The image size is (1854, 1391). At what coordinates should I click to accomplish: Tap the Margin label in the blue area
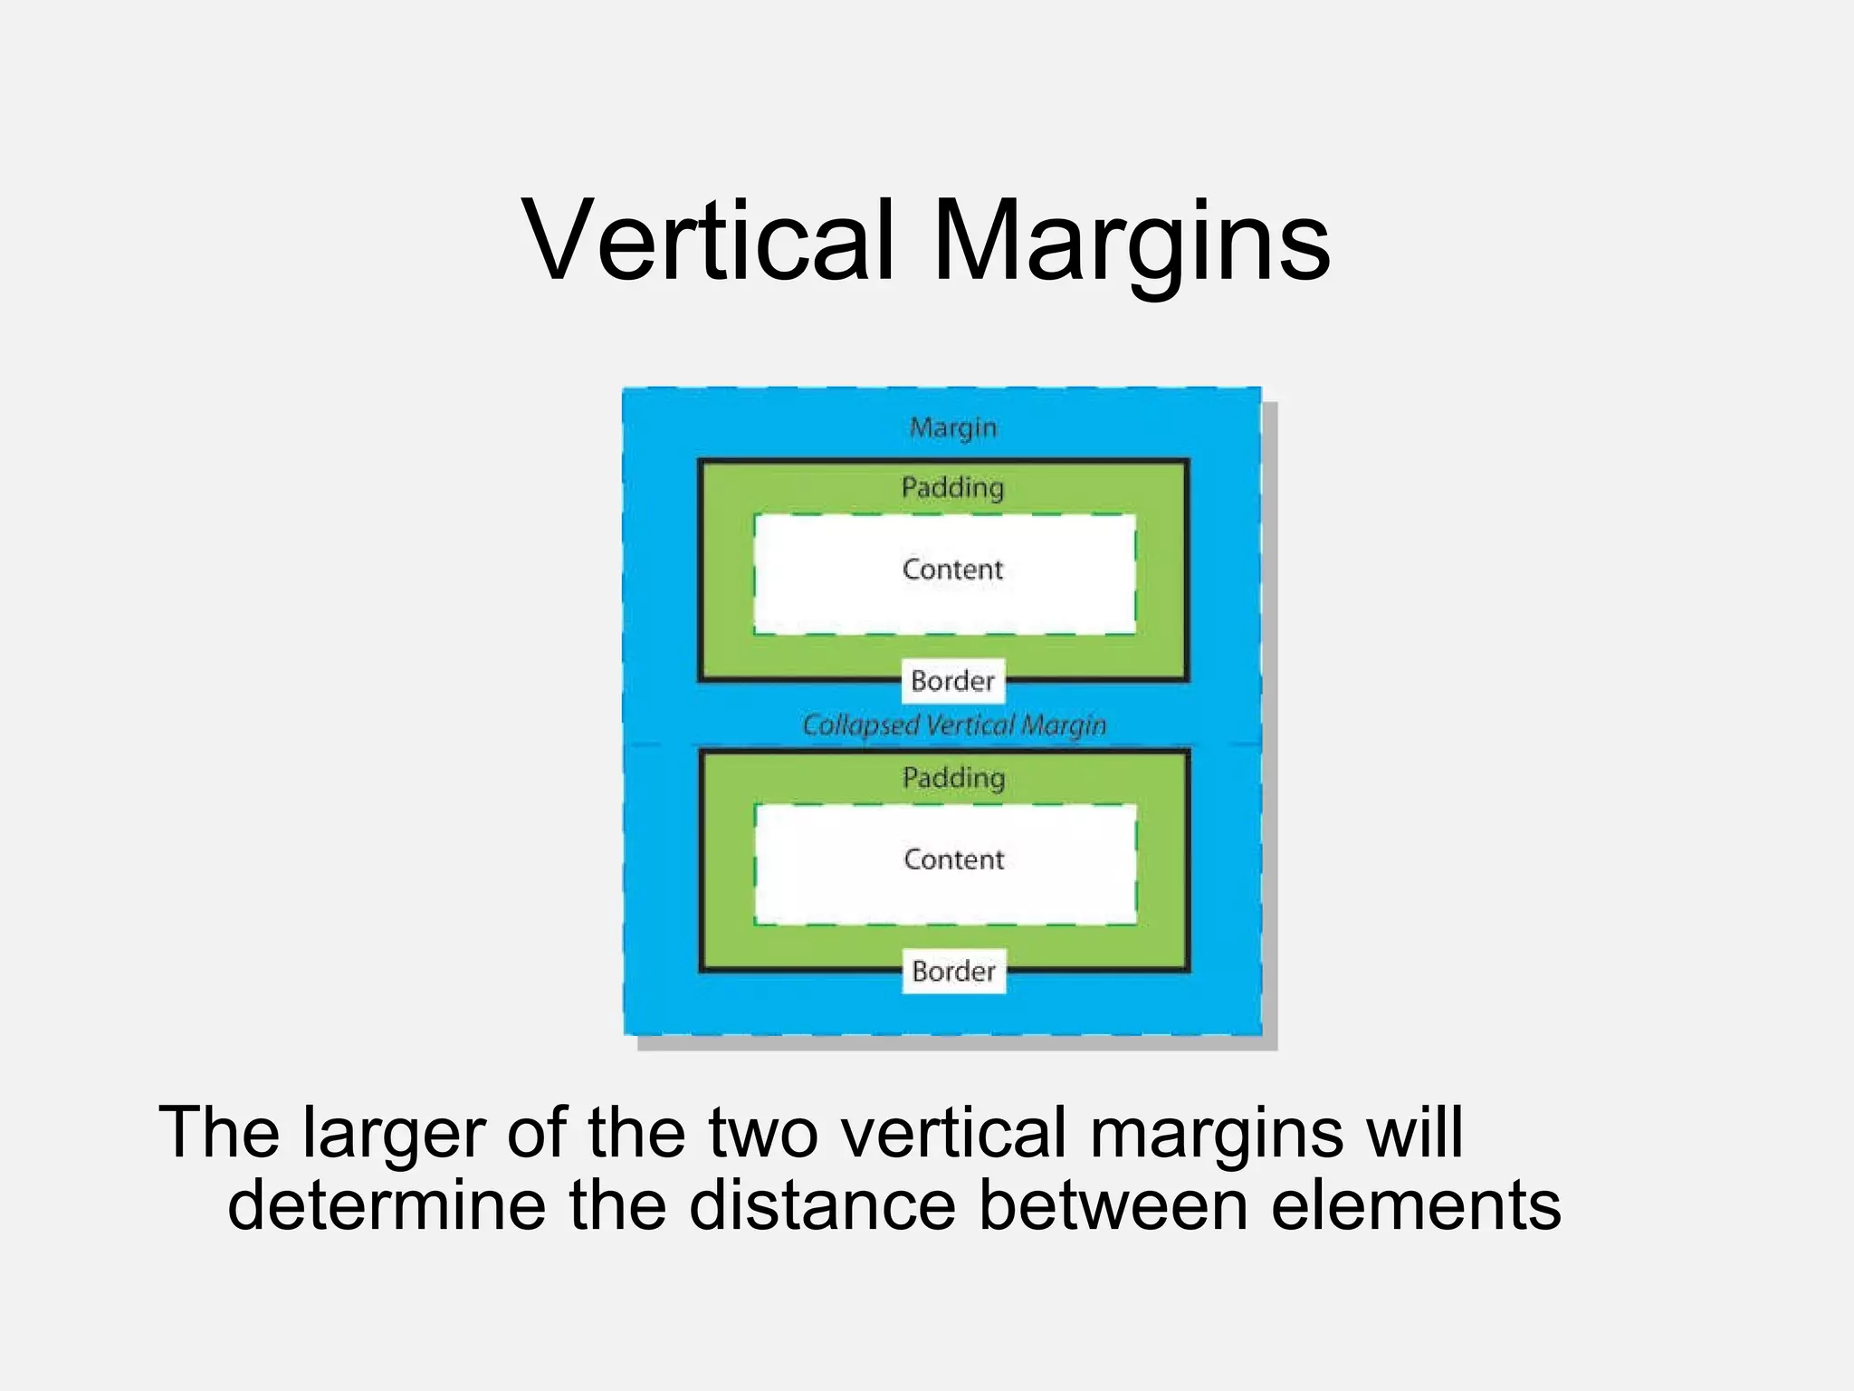point(952,427)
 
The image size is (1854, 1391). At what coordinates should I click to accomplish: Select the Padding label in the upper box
point(952,488)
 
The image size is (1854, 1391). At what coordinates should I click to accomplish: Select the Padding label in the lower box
point(953,778)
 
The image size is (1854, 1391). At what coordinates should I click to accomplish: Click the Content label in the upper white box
point(952,570)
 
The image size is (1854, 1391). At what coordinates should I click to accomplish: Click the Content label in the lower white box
point(954,859)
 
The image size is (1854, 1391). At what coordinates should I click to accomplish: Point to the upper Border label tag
point(952,681)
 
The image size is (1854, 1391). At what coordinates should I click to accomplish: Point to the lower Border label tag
point(954,972)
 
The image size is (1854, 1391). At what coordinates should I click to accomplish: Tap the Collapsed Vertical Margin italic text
point(954,725)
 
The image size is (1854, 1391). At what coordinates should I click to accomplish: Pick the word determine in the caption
point(387,1205)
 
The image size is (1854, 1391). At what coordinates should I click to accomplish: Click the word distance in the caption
point(821,1205)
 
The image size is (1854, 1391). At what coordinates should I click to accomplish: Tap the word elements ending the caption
point(1416,1205)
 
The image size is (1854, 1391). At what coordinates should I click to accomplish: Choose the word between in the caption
point(1113,1205)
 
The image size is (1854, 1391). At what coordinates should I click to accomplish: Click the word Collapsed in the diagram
point(861,725)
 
